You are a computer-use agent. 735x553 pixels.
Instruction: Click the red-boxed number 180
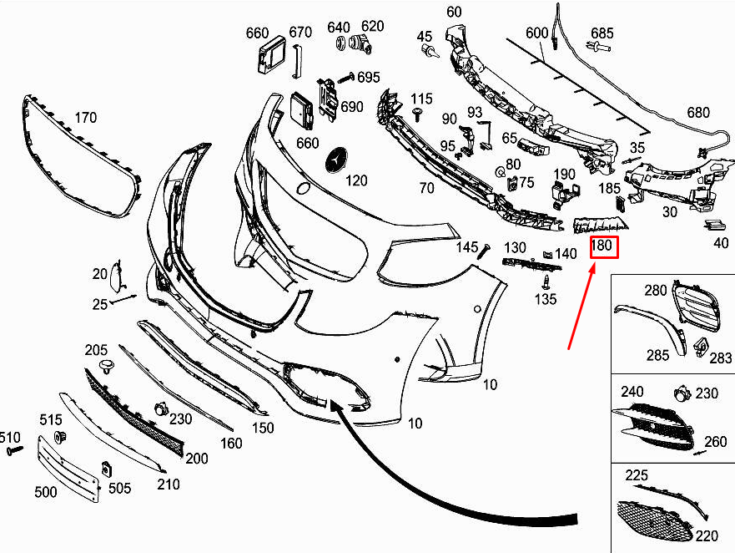602,246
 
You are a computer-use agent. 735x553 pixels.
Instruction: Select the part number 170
86,117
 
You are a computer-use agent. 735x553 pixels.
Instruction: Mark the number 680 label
697,113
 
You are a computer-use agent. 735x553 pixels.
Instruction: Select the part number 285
657,355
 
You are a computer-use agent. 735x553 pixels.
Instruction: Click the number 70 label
426,188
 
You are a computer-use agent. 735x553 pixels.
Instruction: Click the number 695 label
368,77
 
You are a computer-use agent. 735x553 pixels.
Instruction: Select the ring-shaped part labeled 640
342,43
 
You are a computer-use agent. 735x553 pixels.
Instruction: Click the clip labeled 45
430,53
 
